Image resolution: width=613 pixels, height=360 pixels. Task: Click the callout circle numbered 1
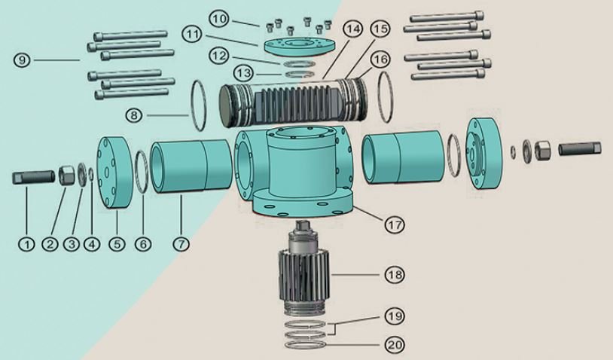point(26,244)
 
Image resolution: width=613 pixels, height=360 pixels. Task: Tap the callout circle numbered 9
point(22,60)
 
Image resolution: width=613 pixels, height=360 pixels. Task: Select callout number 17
point(394,224)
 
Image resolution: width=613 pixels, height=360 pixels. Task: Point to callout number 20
point(394,344)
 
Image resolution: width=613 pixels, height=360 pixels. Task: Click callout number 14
point(352,29)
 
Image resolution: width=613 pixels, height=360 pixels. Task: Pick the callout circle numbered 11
point(193,34)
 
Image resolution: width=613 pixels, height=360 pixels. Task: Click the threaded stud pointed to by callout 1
point(33,178)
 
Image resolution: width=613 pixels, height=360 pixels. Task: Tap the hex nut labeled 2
point(66,175)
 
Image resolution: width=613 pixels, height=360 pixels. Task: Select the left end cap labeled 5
point(114,173)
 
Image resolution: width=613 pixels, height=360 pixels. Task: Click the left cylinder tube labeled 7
point(191,167)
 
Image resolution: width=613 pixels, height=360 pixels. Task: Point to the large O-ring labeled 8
point(198,105)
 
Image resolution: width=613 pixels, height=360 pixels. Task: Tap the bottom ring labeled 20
point(306,345)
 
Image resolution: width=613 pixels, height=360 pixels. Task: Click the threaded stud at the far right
point(580,149)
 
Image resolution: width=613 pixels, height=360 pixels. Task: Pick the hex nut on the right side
point(542,150)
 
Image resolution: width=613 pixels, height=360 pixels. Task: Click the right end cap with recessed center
point(483,154)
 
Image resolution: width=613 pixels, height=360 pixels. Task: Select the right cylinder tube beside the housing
point(403,157)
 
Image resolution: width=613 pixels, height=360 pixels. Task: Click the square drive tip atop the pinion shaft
point(303,224)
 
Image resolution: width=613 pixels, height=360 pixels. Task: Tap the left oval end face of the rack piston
point(226,106)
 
